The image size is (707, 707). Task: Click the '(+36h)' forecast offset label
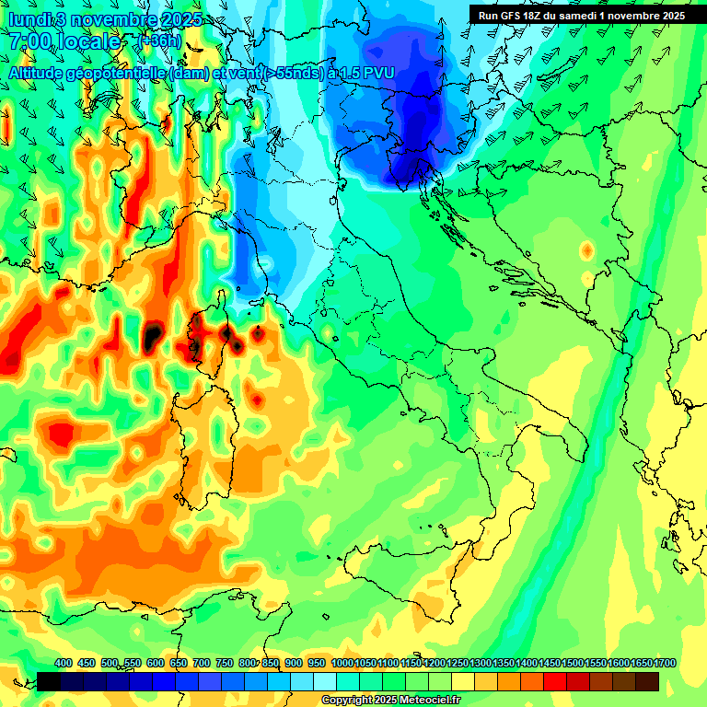pos(158,41)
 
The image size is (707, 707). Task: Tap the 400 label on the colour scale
pos(63,664)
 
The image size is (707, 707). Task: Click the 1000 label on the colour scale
pos(342,664)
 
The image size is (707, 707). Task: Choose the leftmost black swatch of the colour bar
pos(49,681)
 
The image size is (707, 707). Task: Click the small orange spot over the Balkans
pos(586,250)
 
